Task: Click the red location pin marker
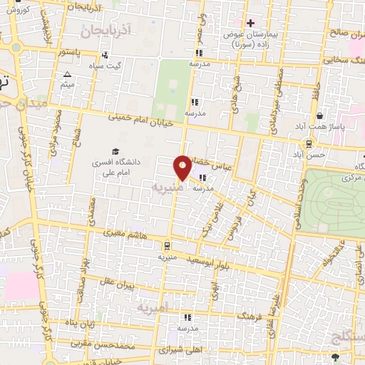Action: tap(183, 167)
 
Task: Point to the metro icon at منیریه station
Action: tap(167, 242)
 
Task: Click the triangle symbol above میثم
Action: tap(67, 74)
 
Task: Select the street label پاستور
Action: tap(75, 53)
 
